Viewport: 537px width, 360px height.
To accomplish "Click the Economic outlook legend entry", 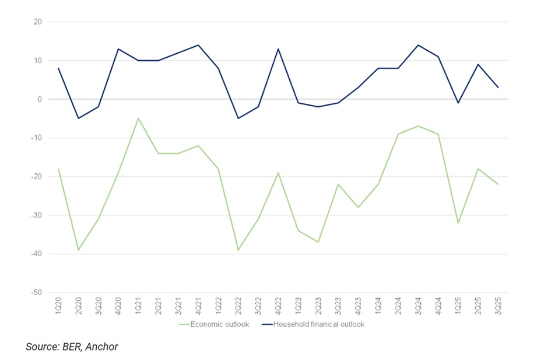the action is click(214, 324).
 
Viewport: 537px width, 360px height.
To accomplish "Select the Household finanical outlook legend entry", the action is click(313, 324).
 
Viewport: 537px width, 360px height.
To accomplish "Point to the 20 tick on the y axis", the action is click(38, 22).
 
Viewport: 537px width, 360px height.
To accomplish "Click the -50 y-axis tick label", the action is click(36, 292).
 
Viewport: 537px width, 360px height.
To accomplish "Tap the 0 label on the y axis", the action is click(40, 99).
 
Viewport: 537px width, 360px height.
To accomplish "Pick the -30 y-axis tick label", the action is click(36, 215).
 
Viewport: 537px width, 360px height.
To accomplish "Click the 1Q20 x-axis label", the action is click(58, 306).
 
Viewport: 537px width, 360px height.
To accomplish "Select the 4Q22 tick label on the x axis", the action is click(278, 306).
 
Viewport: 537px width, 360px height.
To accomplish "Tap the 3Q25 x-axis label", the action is click(498, 306).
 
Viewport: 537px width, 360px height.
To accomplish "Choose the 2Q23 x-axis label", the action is click(318, 306).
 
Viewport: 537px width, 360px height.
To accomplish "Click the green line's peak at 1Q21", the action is click(138, 118).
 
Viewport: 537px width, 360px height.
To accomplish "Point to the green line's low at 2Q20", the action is click(79, 250).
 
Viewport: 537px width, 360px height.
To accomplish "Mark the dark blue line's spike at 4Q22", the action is click(278, 49).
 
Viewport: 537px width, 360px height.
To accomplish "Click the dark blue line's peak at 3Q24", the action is click(418, 45).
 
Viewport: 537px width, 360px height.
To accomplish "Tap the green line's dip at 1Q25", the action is click(458, 223).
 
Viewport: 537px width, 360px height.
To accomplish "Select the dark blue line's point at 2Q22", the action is click(238, 118).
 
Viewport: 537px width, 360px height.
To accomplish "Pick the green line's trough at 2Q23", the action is click(318, 242).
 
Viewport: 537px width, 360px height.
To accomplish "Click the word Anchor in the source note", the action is click(101, 347).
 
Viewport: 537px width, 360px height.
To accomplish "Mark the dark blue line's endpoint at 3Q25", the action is click(498, 88).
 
